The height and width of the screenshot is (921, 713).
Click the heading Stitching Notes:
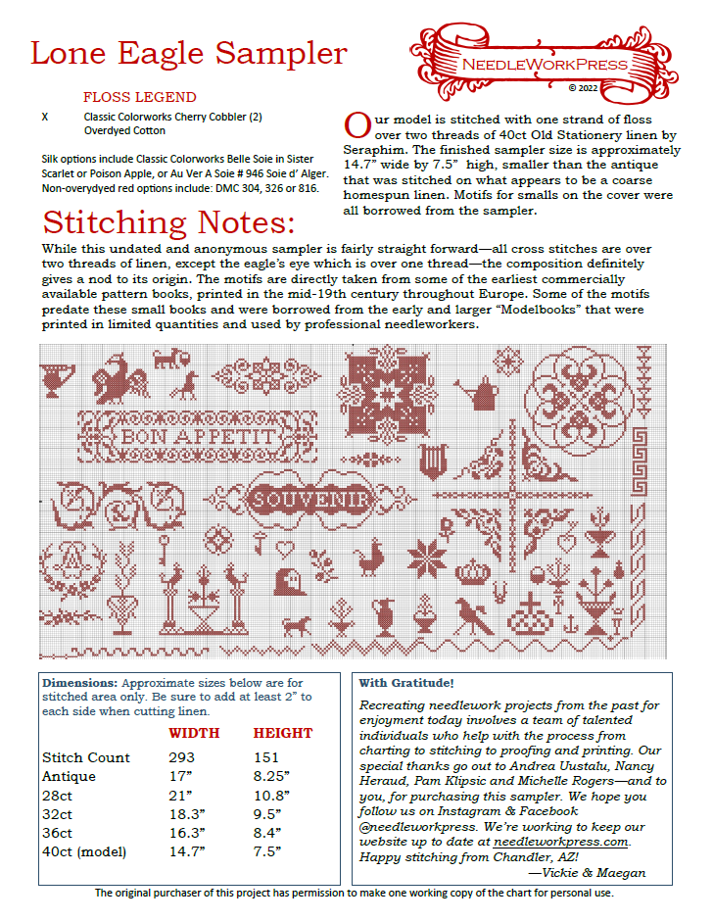click(168, 221)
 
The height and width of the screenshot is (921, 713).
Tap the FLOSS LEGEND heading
click(139, 97)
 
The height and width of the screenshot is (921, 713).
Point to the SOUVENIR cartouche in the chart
click(309, 500)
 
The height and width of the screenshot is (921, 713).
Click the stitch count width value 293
click(181, 757)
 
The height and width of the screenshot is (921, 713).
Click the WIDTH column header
click(194, 733)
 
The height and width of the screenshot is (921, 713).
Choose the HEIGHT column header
click(283, 733)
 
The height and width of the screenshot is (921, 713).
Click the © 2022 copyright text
click(583, 87)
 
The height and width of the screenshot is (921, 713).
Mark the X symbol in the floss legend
click(45, 116)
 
